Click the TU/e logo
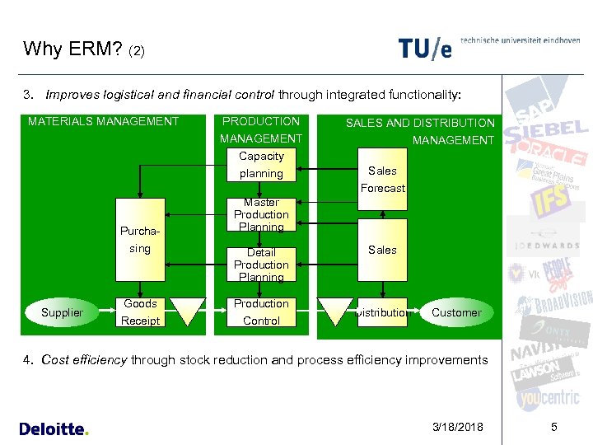pyautogui.click(x=425, y=49)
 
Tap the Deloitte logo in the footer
pyautogui.click(x=54, y=429)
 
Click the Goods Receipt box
pyautogui.click(x=140, y=311)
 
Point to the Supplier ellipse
pyautogui.click(x=63, y=312)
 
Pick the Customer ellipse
pyautogui.click(x=456, y=312)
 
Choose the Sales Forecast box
pyautogui.click(x=382, y=179)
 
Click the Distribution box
pyautogui.click(x=382, y=312)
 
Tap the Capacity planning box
pyautogui.click(x=261, y=165)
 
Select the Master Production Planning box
pyautogui.click(x=261, y=214)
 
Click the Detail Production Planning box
pyautogui.click(x=261, y=264)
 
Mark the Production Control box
pyautogui.click(x=261, y=311)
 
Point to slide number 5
pyautogui.click(x=553, y=427)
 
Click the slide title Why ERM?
pyautogui.click(x=73, y=49)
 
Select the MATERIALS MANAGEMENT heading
pyautogui.click(x=104, y=121)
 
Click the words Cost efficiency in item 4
pyautogui.click(x=84, y=359)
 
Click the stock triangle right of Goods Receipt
pyautogui.click(x=186, y=311)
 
